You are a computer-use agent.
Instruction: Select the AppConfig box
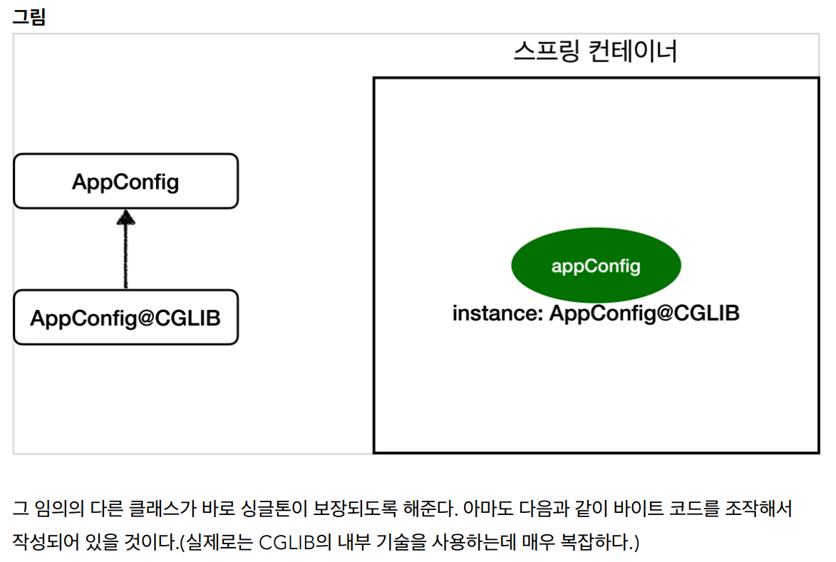125,182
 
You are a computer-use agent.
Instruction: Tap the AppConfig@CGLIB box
125,318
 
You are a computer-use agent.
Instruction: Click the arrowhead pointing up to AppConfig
125,217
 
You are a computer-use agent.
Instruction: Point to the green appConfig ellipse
596,266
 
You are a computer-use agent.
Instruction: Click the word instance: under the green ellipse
497,313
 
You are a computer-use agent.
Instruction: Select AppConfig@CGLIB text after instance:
644,313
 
